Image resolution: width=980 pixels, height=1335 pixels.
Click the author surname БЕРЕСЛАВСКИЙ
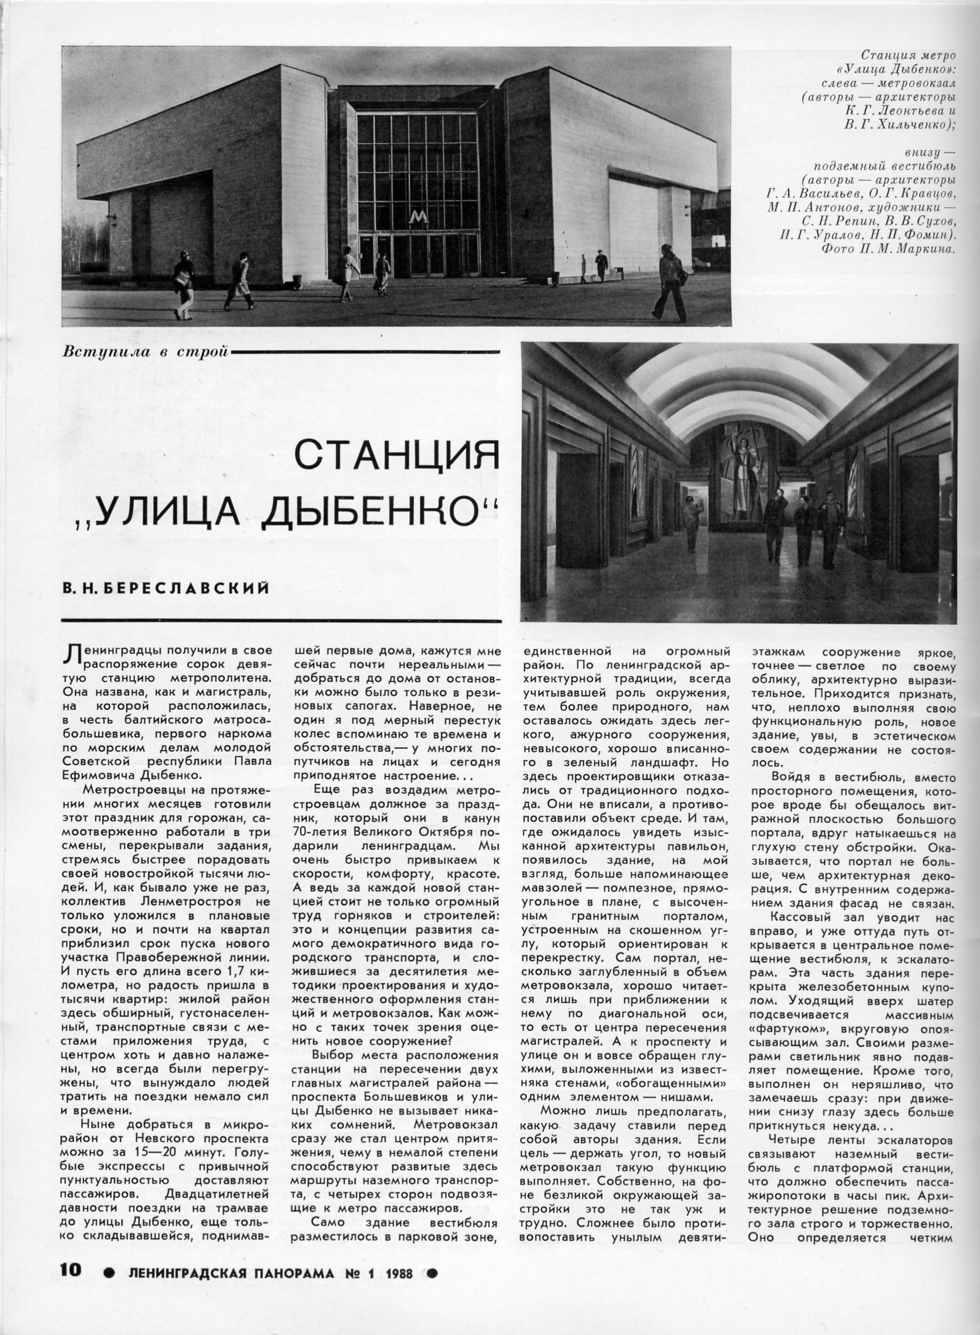(188, 588)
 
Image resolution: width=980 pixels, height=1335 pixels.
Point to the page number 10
(70, 1302)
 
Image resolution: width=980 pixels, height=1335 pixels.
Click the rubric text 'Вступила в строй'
(146, 351)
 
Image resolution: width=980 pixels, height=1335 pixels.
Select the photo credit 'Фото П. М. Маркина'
(888, 249)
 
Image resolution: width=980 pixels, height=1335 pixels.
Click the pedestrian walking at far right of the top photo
(671, 285)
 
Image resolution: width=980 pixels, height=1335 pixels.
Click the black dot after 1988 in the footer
(434, 1303)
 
